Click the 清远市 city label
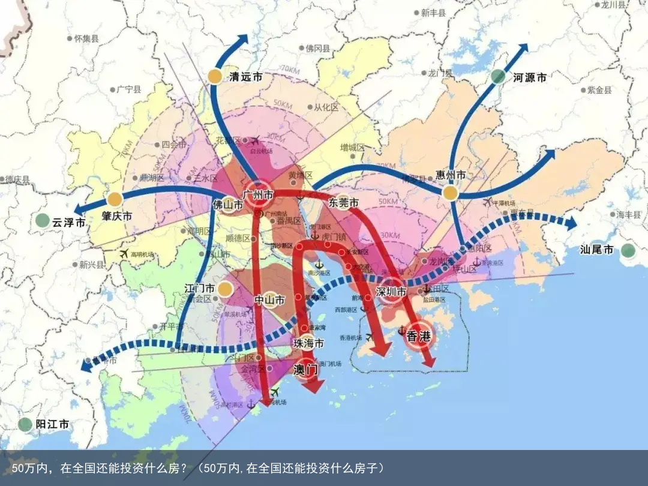[x=246, y=77]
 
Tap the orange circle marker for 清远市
[x=215, y=76]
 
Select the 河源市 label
[x=530, y=77]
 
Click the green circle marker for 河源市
[x=498, y=76]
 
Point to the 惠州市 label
[x=451, y=175]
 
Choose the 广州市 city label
[x=259, y=195]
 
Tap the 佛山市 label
[x=228, y=205]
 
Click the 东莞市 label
[x=344, y=203]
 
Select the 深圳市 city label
[x=392, y=292]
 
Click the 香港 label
[x=419, y=337]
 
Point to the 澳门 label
[x=305, y=370]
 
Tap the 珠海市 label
[x=308, y=343]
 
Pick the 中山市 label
[x=269, y=299]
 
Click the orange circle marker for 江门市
[x=225, y=289]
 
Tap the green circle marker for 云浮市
[x=42, y=220]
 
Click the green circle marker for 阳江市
[x=25, y=425]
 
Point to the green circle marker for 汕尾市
[x=628, y=250]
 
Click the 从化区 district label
[x=326, y=107]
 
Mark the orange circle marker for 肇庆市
[x=115, y=199]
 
